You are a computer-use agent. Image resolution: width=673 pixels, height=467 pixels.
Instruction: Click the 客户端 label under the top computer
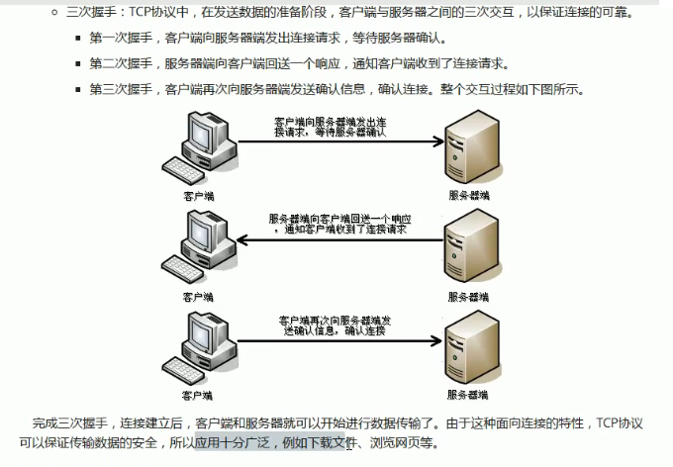pyautogui.click(x=198, y=196)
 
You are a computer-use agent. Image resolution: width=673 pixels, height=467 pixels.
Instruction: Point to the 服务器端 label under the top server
pyautogui.click(x=468, y=196)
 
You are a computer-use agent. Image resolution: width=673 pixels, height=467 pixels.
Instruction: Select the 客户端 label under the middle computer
pyautogui.click(x=198, y=296)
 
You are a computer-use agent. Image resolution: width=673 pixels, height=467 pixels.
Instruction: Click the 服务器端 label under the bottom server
pyautogui.click(x=468, y=395)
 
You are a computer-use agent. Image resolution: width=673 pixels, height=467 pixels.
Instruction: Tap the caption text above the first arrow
pyautogui.click(x=329, y=125)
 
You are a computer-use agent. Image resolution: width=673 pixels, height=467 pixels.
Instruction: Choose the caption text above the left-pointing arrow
pyautogui.click(x=338, y=223)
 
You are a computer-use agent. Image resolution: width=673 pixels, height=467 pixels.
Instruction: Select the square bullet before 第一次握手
pyautogui.click(x=78, y=40)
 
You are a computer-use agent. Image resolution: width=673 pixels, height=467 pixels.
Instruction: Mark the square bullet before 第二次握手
pyautogui.click(x=78, y=64)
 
